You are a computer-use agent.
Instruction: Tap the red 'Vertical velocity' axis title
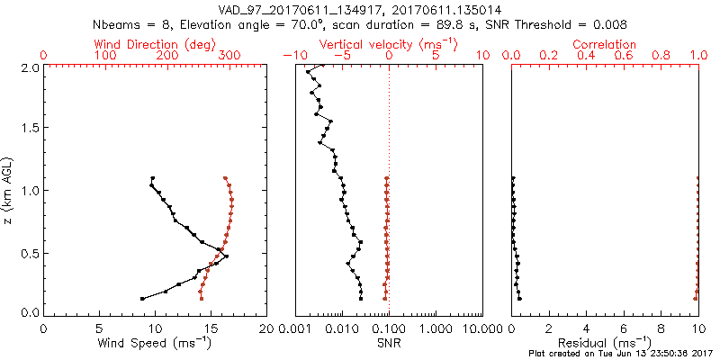point(388,44)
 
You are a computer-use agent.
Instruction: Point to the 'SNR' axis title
point(388,344)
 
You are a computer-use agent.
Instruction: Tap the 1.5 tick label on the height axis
point(29,129)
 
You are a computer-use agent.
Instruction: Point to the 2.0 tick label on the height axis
point(29,67)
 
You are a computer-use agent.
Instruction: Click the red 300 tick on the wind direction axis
point(229,56)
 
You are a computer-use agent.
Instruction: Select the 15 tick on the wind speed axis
point(211,327)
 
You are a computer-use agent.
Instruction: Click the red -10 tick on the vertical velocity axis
point(292,56)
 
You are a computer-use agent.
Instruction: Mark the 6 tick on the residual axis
point(624,327)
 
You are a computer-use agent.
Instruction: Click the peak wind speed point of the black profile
point(226,256)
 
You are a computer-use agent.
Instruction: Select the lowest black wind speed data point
point(142,298)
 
